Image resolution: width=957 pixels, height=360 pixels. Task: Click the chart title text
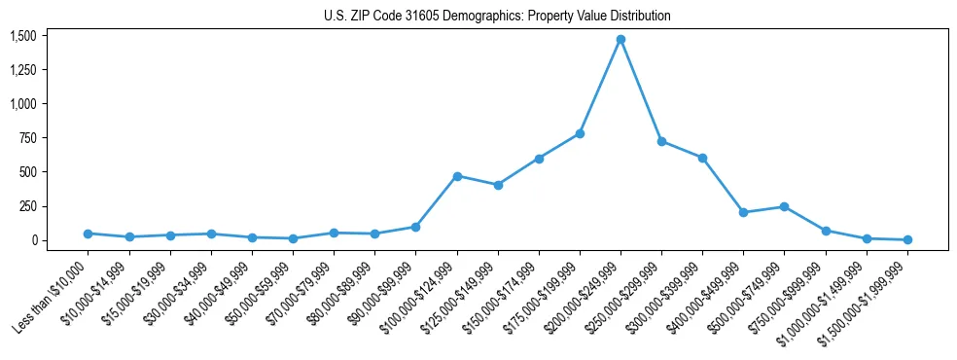497,16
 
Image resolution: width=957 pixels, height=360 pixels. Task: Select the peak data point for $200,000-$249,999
620,40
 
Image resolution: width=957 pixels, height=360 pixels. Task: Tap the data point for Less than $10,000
89,234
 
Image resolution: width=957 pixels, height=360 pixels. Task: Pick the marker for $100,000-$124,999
457,176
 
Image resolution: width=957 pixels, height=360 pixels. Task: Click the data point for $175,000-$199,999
580,133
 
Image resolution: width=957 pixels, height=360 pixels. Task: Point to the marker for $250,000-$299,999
661,141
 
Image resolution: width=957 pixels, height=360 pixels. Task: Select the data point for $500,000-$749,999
784,206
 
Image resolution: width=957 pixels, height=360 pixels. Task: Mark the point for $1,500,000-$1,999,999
907,239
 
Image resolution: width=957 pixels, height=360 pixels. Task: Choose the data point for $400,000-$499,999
743,212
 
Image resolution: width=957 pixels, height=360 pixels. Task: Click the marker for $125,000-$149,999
498,185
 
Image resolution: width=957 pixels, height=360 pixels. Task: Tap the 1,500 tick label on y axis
22,36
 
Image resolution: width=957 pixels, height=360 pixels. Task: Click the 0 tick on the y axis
33,240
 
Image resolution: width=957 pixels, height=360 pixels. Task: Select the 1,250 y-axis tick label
22,70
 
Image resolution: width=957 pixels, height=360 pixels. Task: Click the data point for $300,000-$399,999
702,158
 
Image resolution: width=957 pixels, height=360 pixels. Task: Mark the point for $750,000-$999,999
826,231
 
